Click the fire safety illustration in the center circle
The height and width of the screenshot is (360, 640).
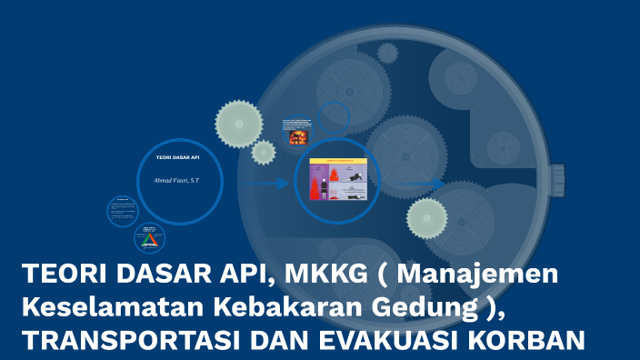pos(337,180)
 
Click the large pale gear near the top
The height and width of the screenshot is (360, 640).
pos(239,124)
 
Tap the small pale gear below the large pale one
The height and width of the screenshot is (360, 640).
pos(264,153)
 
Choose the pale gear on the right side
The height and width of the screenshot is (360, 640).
pos(427,219)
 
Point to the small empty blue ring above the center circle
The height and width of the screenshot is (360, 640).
pos(334,117)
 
